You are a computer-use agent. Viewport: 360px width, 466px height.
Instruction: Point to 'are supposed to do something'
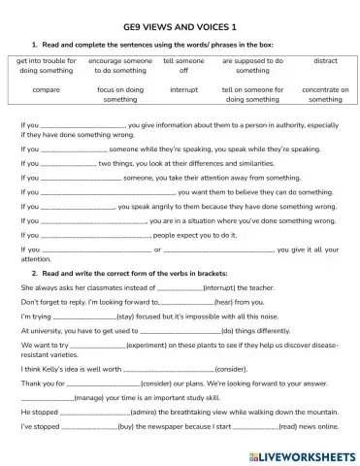tap(252, 65)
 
